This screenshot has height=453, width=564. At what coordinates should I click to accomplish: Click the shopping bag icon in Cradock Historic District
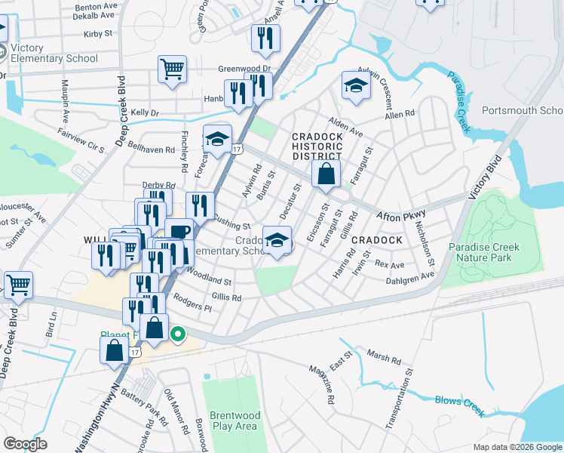click(x=325, y=174)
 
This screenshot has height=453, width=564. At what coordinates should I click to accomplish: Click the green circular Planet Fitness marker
click(x=179, y=333)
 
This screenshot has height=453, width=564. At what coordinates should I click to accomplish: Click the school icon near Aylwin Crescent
click(x=355, y=86)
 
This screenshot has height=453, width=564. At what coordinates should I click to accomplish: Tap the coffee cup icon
click(x=179, y=232)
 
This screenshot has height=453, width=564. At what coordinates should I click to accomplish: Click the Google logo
click(x=25, y=443)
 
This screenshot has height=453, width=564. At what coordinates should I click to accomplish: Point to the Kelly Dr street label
click(x=146, y=112)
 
